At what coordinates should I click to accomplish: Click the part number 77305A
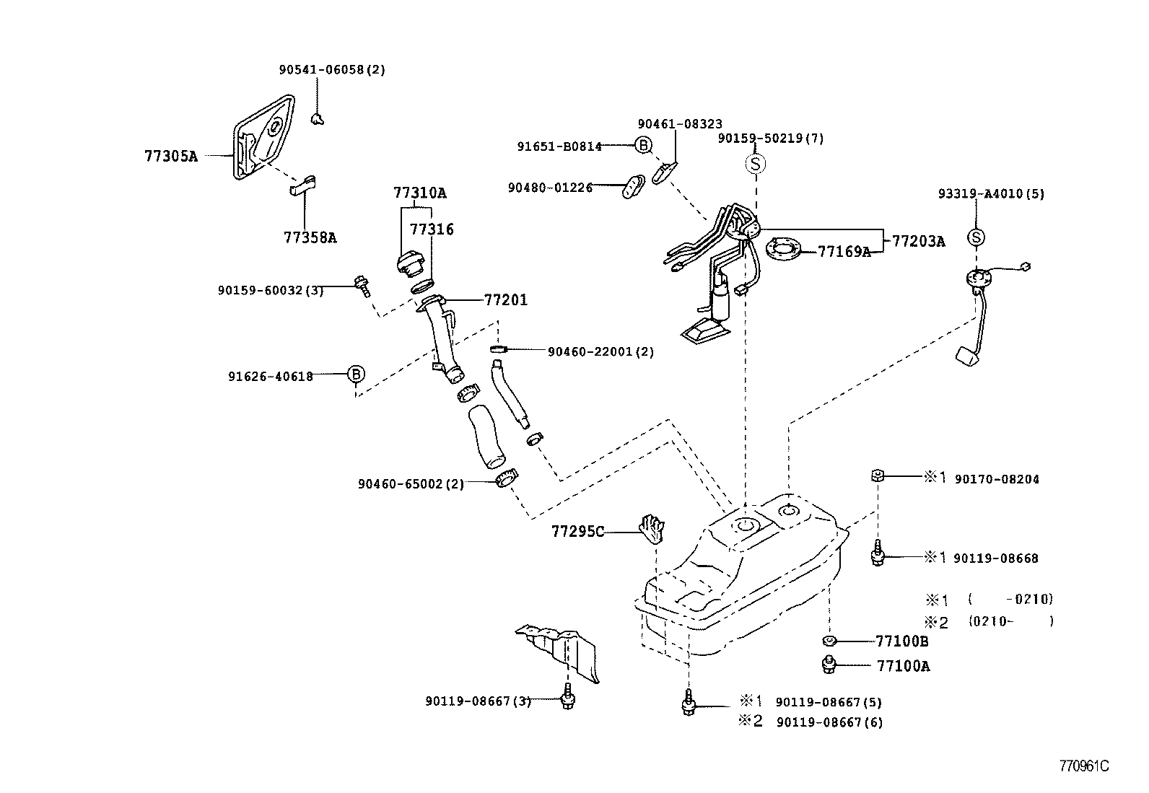(x=171, y=156)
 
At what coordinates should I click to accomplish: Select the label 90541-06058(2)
(x=332, y=70)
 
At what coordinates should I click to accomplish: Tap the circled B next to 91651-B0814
(x=643, y=146)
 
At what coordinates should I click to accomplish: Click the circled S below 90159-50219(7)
(x=754, y=165)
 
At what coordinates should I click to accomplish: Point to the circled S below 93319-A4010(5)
(x=976, y=237)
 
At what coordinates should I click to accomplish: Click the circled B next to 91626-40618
(x=356, y=374)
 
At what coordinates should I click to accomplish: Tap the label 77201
(x=505, y=300)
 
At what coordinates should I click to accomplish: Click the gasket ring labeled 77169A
(x=783, y=250)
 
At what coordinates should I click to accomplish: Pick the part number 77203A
(x=918, y=242)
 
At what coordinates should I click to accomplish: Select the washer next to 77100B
(x=829, y=641)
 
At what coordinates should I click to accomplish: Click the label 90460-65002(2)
(x=411, y=483)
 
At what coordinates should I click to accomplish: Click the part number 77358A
(x=310, y=238)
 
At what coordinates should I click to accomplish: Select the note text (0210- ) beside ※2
(x=1010, y=621)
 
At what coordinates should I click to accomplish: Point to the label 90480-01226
(x=549, y=188)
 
